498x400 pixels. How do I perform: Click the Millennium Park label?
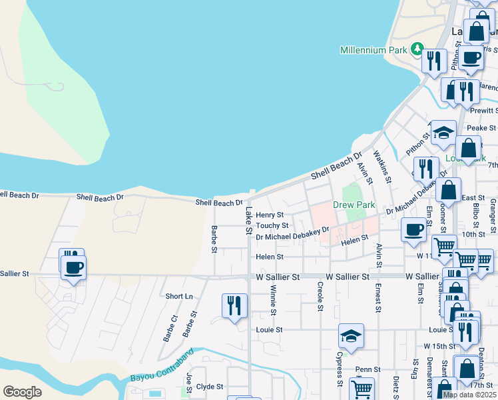pos(373,50)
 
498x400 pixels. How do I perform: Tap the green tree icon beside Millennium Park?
pos(417,49)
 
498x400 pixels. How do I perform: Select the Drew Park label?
pos(354,205)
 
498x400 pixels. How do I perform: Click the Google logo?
pos(22,392)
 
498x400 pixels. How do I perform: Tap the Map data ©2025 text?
pos(469,395)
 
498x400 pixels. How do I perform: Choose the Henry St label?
pos(270,215)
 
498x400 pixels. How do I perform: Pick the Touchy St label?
pos(272,225)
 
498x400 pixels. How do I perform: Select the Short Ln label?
pos(178,296)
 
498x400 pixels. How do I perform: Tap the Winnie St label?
pos(273,297)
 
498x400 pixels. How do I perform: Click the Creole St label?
pos(320,297)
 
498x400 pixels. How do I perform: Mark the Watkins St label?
pos(381,166)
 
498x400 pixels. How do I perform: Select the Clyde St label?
pos(209,387)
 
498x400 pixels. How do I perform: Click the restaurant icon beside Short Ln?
pos(234,306)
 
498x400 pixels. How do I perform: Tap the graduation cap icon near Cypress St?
pos(351,336)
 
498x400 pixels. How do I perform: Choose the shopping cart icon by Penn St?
pos(362,389)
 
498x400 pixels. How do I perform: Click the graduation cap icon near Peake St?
pos(443,133)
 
